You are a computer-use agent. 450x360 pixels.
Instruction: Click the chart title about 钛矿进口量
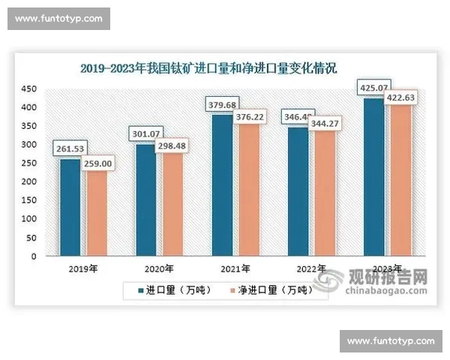coord(208,68)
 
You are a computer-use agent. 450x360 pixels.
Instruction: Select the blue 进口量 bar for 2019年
coord(69,207)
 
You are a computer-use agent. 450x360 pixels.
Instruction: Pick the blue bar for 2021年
coord(221,185)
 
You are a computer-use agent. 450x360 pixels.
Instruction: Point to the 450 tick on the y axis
coord(28,89)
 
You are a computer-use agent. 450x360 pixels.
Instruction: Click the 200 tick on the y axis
coord(28,182)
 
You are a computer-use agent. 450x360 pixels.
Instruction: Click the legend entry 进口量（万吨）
coord(174,289)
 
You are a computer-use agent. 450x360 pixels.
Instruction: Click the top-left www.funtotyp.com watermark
coord(58,19)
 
